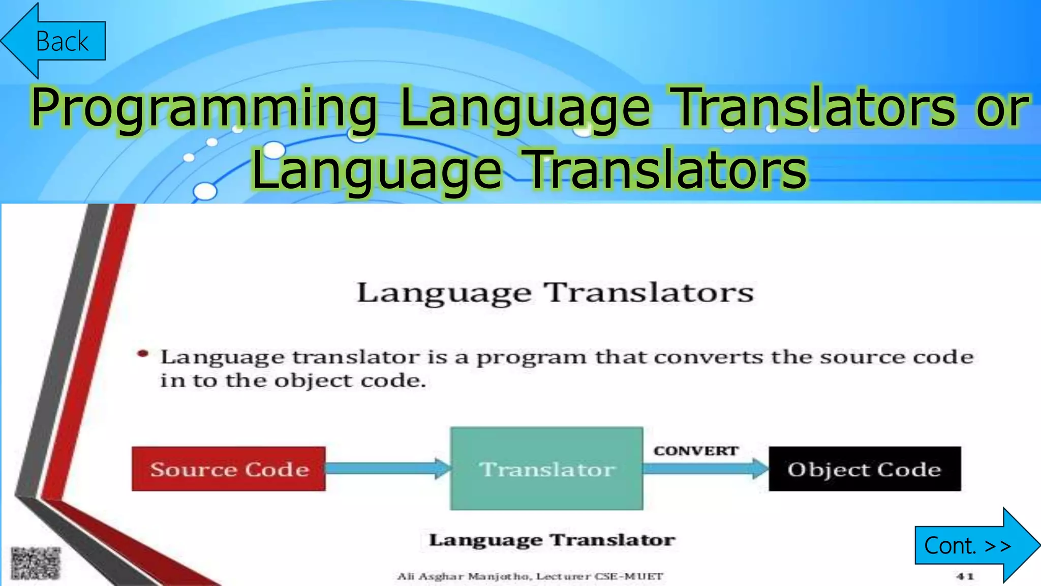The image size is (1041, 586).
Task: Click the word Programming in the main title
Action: pos(203,108)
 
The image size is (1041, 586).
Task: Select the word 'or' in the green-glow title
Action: pos(1001,108)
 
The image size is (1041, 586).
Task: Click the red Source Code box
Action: pos(229,469)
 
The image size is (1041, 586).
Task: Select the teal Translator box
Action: pos(547,468)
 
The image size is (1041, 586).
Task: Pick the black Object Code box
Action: pos(864,469)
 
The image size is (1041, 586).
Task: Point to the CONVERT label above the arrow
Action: pos(696,451)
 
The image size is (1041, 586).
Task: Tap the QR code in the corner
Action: pos(36,563)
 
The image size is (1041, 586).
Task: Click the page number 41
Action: pos(964,576)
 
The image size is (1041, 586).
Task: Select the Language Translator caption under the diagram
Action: pos(552,540)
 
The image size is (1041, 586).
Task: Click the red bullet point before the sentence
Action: pos(143,354)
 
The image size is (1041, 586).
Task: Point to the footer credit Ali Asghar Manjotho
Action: pos(530,576)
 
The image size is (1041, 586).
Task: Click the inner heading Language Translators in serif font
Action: pos(555,293)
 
